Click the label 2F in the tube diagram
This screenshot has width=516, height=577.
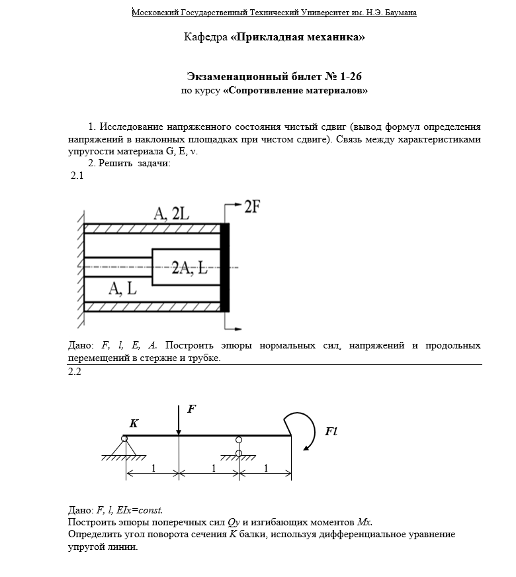tap(251, 206)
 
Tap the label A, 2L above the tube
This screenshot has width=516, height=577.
tap(171, 213)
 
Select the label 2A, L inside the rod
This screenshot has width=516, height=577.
tap(190, 268)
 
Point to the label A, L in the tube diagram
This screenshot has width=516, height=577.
tap(123, 289)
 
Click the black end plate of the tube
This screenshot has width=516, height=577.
tap(225, 268)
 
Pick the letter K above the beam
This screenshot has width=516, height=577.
tap(134, 423)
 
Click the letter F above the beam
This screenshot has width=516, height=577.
tap(192, 409)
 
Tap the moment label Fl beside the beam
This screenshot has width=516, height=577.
tap(331, 431)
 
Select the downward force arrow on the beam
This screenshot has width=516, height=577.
tap(179, 420)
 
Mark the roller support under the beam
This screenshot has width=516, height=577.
tap(239, 448)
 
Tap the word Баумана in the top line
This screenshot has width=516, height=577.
tap(399, 13)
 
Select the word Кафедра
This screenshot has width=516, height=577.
tap(205, 37)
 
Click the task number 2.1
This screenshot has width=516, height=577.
tap(77, 176)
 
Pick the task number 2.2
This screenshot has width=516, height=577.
tap(75, 372)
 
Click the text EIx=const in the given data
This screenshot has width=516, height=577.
tap(139, 510)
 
